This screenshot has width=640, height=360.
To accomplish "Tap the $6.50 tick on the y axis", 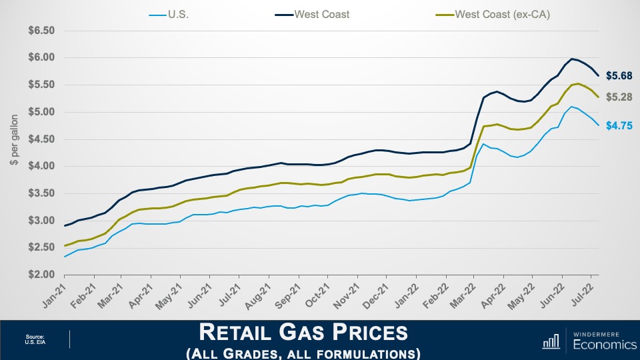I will [41, 31].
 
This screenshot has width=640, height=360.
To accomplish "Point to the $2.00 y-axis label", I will [41, 275].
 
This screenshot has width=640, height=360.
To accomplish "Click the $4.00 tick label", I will [41, 166].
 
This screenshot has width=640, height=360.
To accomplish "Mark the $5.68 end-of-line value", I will [619, 75].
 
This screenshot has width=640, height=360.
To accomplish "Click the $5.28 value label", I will [619, 97].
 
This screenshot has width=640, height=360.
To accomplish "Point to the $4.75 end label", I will [619, 125].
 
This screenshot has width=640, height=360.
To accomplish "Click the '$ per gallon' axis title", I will [13, 153].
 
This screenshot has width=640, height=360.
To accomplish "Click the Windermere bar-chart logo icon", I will [551, 341].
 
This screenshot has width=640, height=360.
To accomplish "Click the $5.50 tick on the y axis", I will [41, 85].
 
